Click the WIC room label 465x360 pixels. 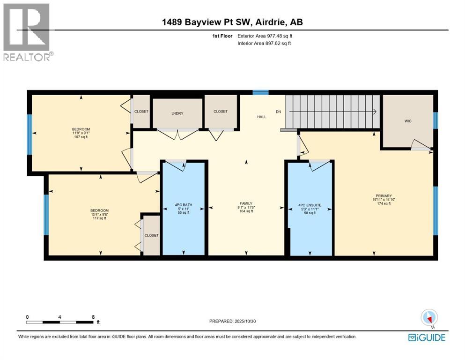coord(407,120)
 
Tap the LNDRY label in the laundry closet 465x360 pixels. coord(177,113)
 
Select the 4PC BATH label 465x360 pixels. coord(184,205)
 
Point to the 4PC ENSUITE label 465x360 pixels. coord(310,205)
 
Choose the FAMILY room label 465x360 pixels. coord(246,203)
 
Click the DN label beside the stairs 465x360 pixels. coord(278,112)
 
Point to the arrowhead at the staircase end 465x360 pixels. coord(375,112)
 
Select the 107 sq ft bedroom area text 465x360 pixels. coord(81,137)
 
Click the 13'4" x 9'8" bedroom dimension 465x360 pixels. coord(100,214)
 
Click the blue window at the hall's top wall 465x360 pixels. coord(260,92)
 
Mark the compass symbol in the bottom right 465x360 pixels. coord(429,318)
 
